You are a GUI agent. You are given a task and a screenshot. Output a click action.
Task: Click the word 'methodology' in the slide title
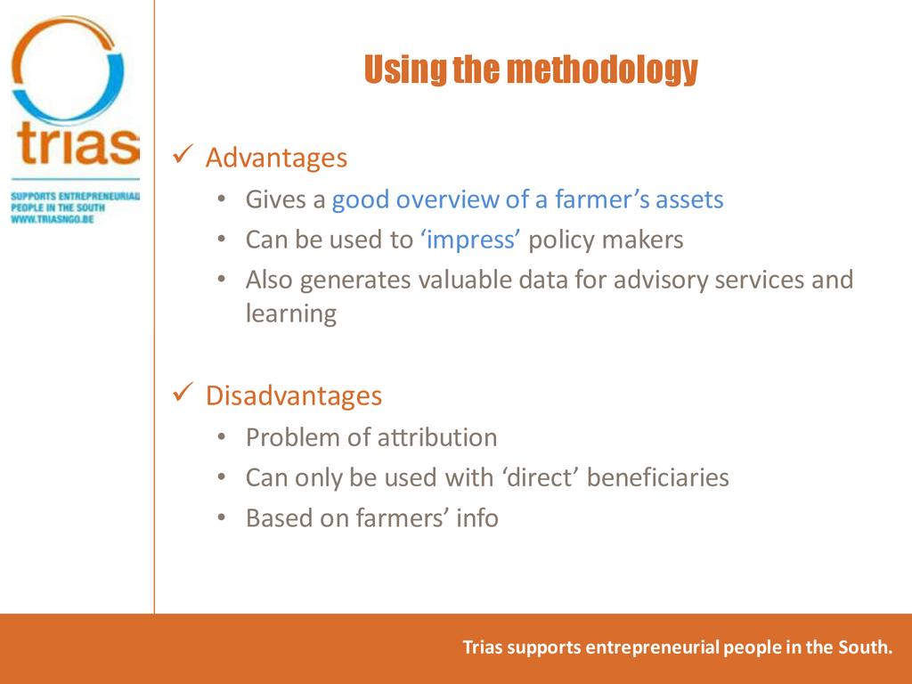602,69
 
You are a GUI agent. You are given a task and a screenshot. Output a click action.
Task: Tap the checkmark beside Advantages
183,155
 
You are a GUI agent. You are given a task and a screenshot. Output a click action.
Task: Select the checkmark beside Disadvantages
183,393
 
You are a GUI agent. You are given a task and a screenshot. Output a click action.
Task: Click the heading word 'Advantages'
276,158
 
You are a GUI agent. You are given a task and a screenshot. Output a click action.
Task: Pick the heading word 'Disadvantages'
294,395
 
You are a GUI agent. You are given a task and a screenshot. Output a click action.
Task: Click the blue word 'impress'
470,240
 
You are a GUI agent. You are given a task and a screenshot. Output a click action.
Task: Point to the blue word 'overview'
447,199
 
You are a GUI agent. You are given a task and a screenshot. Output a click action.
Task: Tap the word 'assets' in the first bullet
689,199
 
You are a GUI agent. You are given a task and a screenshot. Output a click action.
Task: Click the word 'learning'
291,313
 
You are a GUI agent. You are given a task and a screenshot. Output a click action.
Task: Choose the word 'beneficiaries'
657,477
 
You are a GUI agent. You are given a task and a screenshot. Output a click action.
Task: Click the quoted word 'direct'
541,477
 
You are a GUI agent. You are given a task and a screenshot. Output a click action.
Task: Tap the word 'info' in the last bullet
477,517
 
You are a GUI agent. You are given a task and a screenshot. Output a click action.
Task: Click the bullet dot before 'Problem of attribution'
222,437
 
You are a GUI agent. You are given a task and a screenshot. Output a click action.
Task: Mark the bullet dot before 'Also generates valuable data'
222,280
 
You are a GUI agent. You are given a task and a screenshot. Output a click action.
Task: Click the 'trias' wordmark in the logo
78,143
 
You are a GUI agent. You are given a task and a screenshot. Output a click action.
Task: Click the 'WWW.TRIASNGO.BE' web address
53,219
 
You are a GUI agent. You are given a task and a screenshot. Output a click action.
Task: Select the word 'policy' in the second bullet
561,240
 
